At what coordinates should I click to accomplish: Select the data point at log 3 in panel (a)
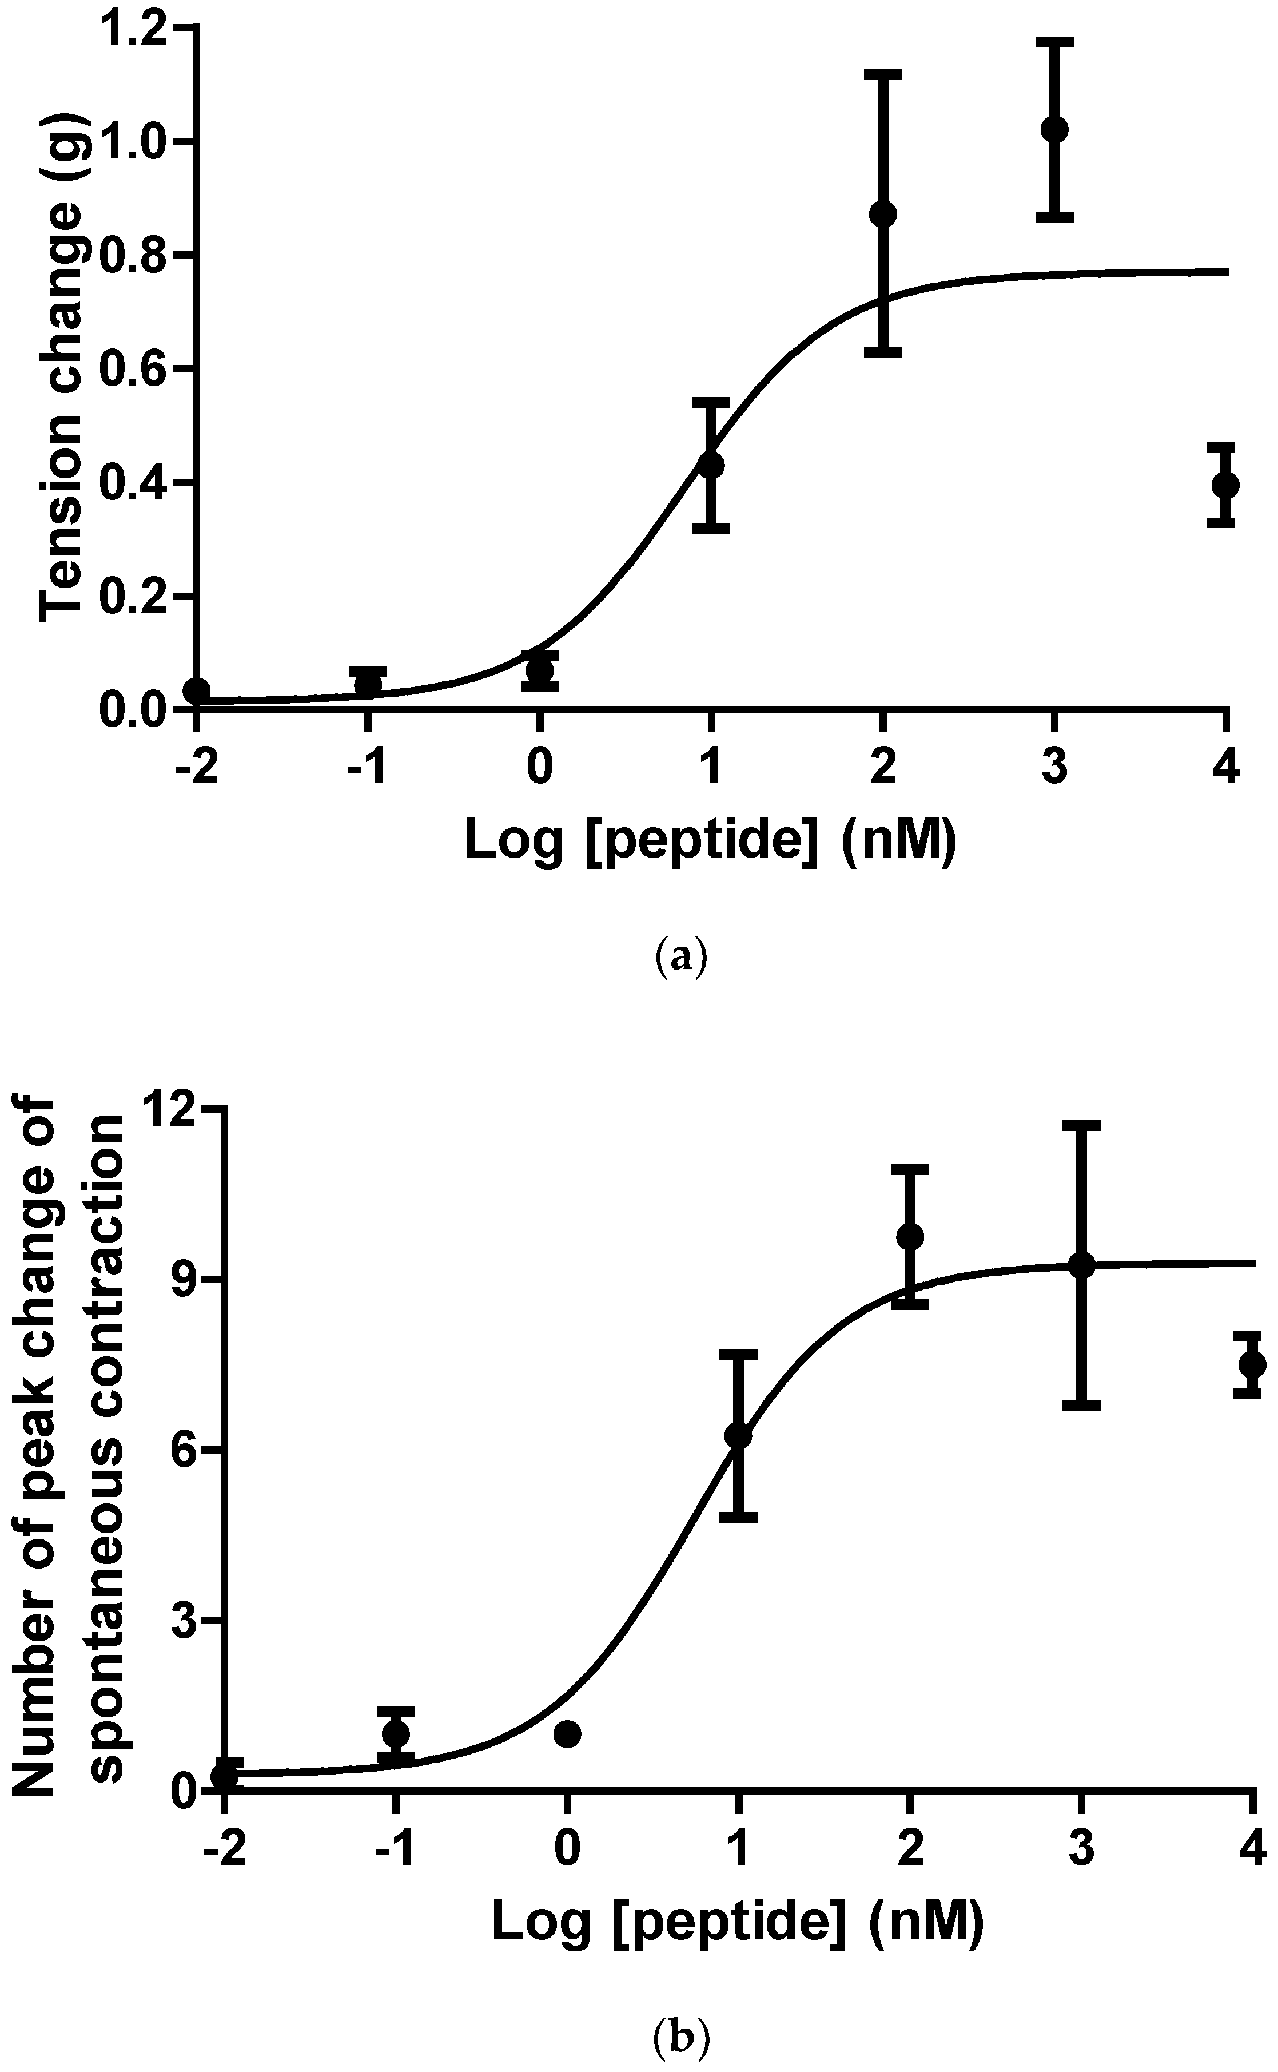1054,129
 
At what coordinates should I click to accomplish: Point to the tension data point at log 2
882,214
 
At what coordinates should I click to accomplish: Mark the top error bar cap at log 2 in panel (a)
882,74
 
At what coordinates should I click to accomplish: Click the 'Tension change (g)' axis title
61,368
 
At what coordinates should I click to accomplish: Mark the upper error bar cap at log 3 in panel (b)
1081,1125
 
